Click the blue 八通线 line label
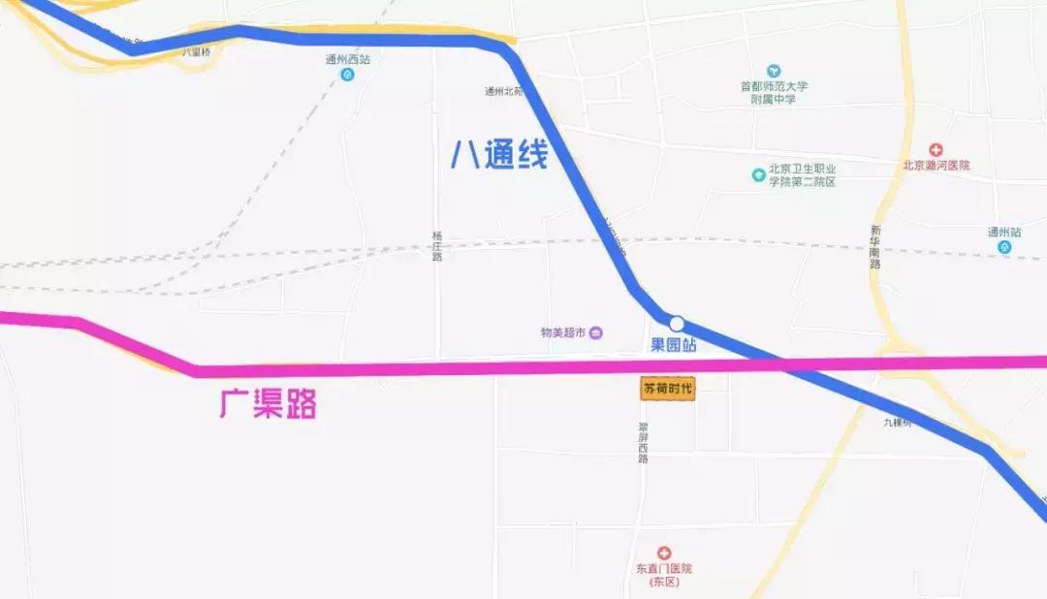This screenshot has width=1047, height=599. click(x=499, y=155)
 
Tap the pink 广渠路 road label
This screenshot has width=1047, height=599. click(x=269, y=402)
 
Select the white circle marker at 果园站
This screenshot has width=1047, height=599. click(x=677, y=324)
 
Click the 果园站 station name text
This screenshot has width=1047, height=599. click(x=673, y=345)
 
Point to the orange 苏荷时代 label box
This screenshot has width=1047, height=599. click(x=669, y=389)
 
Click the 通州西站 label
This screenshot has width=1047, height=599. click(x=347, y=59)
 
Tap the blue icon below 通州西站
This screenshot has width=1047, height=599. click(x=347, y=76)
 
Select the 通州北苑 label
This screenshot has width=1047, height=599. click(x=503, y=92)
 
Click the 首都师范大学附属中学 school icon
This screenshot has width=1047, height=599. click(x=774, y=71)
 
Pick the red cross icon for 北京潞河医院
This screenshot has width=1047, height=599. click(x=936, y=149)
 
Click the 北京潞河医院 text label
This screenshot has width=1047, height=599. click(x=936, y=166)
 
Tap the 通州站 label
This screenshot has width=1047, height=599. click(x=1004, y=233)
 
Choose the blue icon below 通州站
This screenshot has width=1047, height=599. click(x=1004, y=248)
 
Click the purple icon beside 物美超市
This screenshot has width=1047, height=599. click(x=596, y=333)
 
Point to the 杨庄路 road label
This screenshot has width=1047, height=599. click(x=437, y=246)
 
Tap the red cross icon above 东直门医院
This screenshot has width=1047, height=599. click(x=664, y=552)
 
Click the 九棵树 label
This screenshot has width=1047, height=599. click(x=898, y=423)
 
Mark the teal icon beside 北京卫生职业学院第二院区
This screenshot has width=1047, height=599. click(x=758, y=175)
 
